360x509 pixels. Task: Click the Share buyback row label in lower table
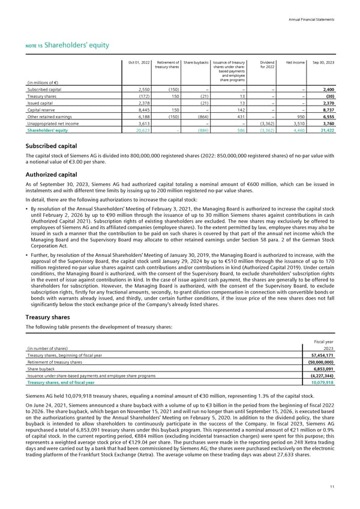[42, 369]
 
